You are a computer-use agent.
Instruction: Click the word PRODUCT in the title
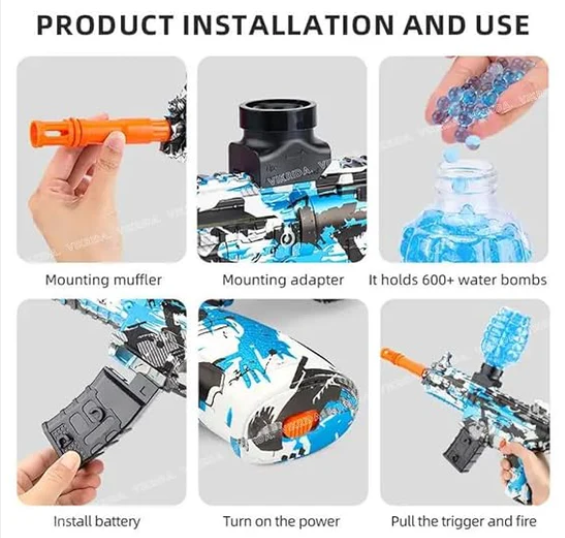(x=104, y=25)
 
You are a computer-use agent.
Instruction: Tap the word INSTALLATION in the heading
(x=288, y=25)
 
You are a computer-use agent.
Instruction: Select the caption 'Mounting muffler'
(x=103, y=280)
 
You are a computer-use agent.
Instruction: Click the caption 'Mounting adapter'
(x=283, y=280)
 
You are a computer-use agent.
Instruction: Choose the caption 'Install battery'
(x=97, y=521)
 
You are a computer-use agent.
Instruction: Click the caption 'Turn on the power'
(x=281, y=521)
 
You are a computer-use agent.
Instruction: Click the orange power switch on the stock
(x=298, y=424)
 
